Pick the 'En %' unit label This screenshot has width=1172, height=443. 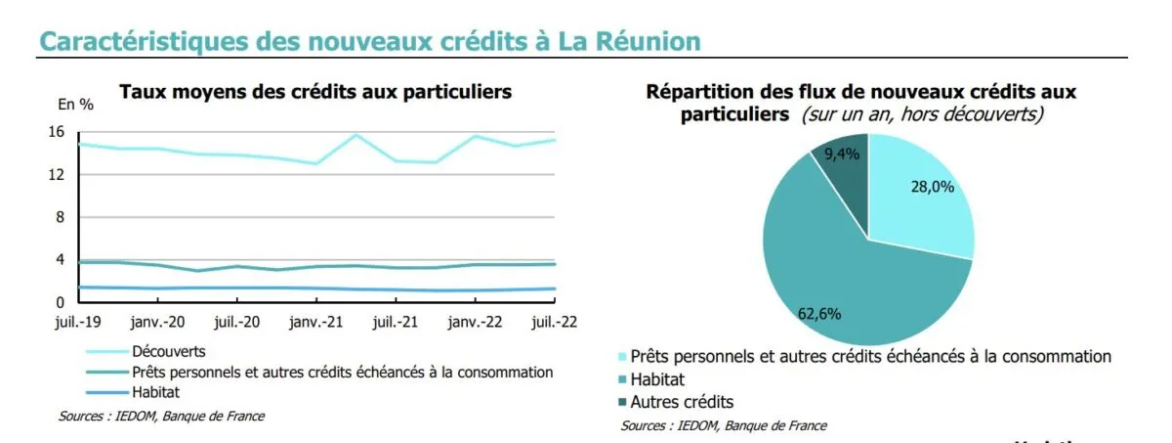(x=76, y=105)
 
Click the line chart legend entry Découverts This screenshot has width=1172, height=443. (x=168, y=350)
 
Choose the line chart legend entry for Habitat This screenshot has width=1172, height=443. (x=157, y=393)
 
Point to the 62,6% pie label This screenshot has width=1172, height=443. (x=818, y=314)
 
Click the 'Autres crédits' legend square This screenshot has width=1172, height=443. (x=623, y=402)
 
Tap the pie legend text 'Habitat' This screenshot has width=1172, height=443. (x=658, y=379)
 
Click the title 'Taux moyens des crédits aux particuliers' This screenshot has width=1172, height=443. (x=314, y=92)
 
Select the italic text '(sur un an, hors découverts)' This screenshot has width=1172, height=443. (x=922, y=114)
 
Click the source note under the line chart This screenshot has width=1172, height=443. (x=161, y=416)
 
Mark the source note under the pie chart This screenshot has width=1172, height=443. (x=724, y=425)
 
